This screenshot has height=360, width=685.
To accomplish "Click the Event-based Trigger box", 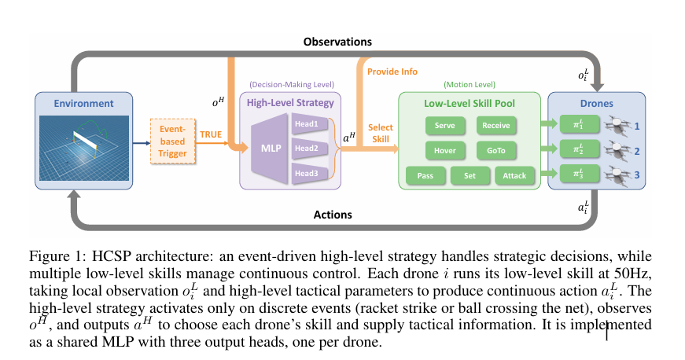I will point(172,142).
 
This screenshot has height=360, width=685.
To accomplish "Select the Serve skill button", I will point(446,125).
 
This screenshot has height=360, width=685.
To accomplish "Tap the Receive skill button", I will point(496,125).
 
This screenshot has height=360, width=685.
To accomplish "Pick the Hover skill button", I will point(446,150).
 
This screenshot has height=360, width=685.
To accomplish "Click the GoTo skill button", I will point(496,150).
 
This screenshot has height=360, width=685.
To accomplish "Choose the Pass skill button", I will point(425,176).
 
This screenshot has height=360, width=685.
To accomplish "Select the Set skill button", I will point(470,176).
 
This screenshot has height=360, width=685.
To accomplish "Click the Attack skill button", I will point(515,176).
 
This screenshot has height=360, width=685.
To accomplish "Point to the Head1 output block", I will point(307,123).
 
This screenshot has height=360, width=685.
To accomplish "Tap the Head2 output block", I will point(307,149).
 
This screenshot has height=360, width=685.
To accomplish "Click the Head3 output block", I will point(307,173).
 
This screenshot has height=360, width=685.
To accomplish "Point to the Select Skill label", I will point(380,133).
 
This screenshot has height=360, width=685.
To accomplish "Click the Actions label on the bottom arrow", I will point(333,215).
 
